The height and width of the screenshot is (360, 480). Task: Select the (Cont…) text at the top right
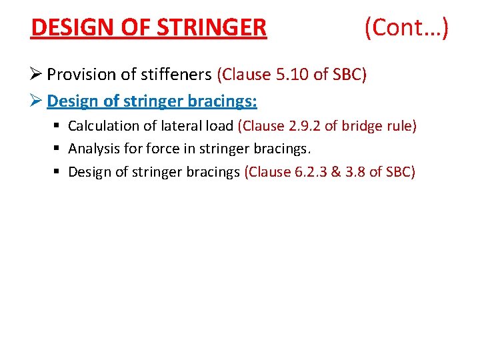click(406, 28)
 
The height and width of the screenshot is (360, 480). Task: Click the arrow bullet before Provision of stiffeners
click(37, 75)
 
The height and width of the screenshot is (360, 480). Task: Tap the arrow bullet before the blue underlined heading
click(37, 101)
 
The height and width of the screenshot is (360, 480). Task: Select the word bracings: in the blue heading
click(224, 101)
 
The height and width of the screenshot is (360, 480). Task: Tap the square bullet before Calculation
click(59, 126)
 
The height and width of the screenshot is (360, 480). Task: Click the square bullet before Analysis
click(59, 149)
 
